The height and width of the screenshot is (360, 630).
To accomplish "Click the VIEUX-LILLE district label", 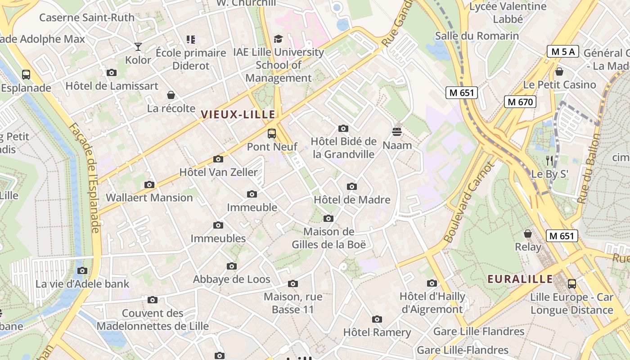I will (x=238, y=115).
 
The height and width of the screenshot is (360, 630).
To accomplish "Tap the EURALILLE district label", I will (x=520, y=279).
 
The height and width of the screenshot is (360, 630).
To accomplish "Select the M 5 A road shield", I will (x=562, y=51).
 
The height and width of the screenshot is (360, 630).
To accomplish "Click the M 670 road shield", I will (x=520, y=102).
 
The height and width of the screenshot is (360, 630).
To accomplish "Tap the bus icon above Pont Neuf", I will (x=271, y=133).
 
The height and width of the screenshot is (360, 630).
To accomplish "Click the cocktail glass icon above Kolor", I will (x=138, y=46).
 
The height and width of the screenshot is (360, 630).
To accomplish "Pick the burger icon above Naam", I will (x=396, y=131).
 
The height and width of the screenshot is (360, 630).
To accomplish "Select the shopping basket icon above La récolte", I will (x=171, y=95).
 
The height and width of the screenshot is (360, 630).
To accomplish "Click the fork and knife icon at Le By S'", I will (x=549, y=160).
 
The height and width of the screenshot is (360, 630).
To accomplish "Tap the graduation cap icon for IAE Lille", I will (x=278, y=39).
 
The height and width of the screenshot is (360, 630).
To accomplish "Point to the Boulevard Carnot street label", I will (x=468, y=203).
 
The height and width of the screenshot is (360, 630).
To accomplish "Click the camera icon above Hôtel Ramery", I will (x=377, y=319).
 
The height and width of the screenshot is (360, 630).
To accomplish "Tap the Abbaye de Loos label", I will (x=232, y=279).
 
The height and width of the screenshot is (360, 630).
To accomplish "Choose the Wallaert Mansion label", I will (x=149, y=197).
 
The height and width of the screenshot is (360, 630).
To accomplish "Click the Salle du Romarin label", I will (x=477, y=36).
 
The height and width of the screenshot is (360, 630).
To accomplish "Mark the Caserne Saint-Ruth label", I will (x=87, y=18).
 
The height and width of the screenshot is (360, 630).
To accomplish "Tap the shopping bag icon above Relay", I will (x=528, y=234).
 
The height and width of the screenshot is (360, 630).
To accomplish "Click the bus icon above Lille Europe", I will (x=571, y=284).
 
